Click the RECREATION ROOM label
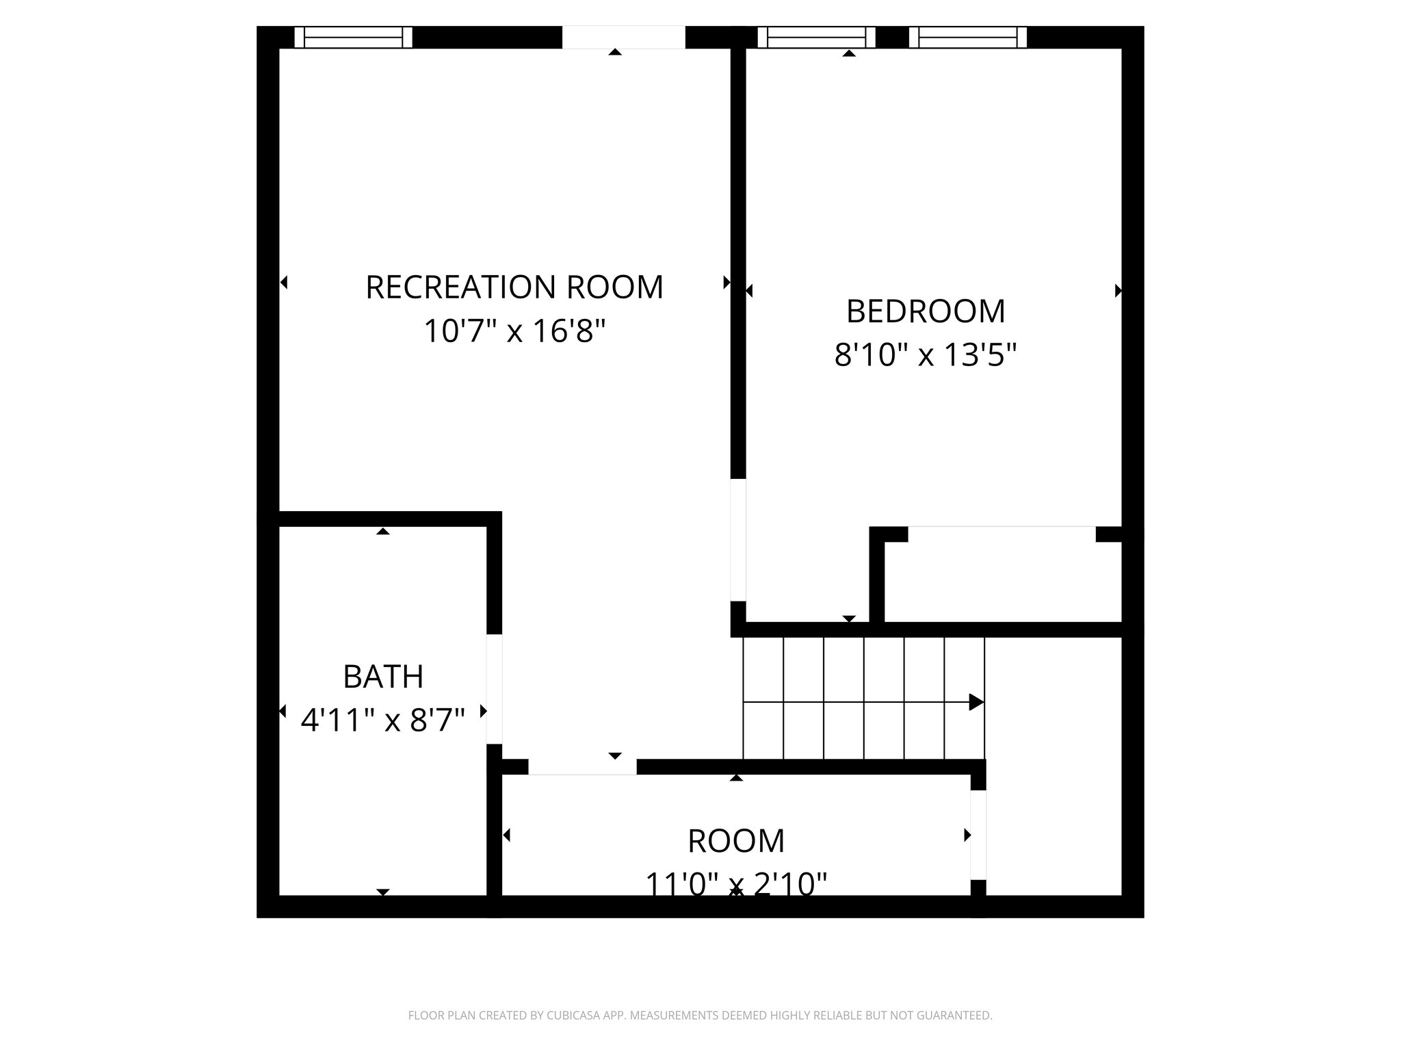click(x=514, y=287)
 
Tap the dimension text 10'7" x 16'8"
click(x=514, y=332)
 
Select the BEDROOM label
click(x=926, y=311)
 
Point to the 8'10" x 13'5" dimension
click(x=926, y=356)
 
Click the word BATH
click(x=383, y=677)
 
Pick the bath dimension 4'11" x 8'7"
click(x=383, y=721)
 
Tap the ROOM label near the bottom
click(x=736, y=842)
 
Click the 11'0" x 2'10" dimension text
click(x=736, y=884)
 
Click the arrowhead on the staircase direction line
click(x=976, y=702)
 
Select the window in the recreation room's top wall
click(x=354, y=37)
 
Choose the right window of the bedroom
click(x=967, y=37)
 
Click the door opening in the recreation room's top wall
click(x=623, y=37)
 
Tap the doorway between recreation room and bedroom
click(x=738, y=540)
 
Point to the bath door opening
click(x=494, y=689)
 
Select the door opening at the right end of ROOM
click(x=978, y=835)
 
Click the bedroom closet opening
click(x=1001, y=534)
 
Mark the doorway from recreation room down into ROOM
click(x=582, y=767)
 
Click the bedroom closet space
click(x=1002, y=582)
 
